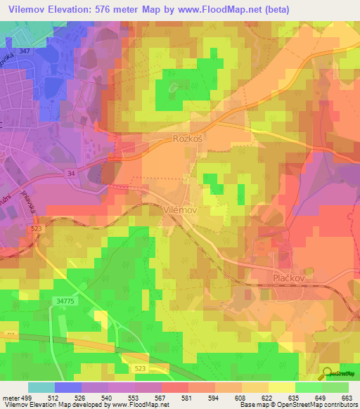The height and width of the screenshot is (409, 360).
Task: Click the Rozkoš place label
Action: pos(188,139)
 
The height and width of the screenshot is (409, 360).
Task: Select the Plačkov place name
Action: pos(288,278)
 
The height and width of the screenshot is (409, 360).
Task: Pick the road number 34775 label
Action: pos(64,301)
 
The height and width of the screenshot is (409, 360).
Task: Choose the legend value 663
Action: pos(347,398)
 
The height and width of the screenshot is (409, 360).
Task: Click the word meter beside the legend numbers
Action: pos(11,398)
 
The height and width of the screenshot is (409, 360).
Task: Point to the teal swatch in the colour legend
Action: pos(41,387)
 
